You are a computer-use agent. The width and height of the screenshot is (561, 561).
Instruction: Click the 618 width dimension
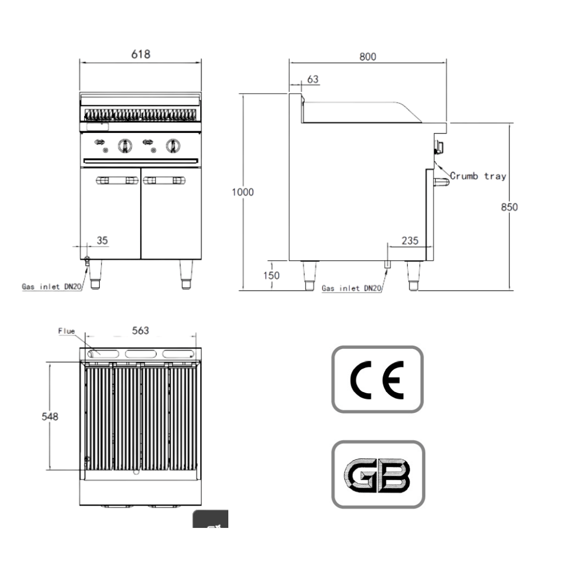pyautogui.click(x=141, y=54)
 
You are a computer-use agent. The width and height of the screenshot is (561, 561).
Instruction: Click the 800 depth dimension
pyautogui.click(x=368, y=57)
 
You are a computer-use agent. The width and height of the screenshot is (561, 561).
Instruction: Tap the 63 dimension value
pyautogui.click(x=312, y=79)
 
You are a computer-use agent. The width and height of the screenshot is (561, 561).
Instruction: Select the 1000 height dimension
pyautogui.click(x=242, y=192)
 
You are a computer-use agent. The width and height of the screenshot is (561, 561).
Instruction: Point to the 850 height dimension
pyautogui.click(x=509, y=207)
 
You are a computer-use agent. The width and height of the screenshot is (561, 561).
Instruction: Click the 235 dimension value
pyautogui.click(x=410, y=241)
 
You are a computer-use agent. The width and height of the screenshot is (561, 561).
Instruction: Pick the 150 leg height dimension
pyautogui.click(x=271, y=275)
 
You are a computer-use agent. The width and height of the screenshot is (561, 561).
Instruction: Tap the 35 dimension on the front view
pyautogui.click(x=102, y=241)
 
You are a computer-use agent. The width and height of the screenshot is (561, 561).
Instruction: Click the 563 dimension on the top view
pyautogui.click(x=140, y=330)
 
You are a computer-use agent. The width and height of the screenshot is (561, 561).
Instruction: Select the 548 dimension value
pyautogui.click(x=50, y=416)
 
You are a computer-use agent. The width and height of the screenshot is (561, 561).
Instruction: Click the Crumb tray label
pyautogui.click(x=478, y=176)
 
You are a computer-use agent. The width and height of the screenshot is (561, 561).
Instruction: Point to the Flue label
pyautogui.click(x=67, y=332)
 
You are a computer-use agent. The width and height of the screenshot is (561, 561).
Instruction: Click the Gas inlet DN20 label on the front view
pyautogui.click(x=52, y=287)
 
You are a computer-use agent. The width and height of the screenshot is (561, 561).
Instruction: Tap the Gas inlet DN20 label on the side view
pyautogui.click(x=351, y=288)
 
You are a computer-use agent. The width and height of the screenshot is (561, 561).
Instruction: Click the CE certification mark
pyautogui.click(x=377, y=380)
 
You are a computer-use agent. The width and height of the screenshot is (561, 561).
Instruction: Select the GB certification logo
pyautogui.click(x=378, y=475)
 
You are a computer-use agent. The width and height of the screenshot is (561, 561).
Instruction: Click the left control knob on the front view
pyautogui.click(x=125, y=146)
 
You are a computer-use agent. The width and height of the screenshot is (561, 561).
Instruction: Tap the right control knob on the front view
pyautogui.click(x=173, y=146)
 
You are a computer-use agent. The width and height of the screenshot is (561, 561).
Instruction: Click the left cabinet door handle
pyautogui.click(x=117, y=180)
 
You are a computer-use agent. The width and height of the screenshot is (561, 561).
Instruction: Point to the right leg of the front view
pyautogui.click(x=186, y=274)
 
